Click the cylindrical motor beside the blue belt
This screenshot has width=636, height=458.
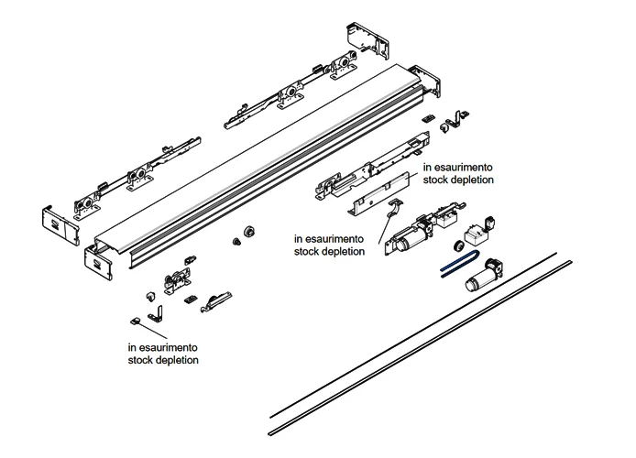tap(484, 275)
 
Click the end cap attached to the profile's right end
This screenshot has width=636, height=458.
tap(423, 83)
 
